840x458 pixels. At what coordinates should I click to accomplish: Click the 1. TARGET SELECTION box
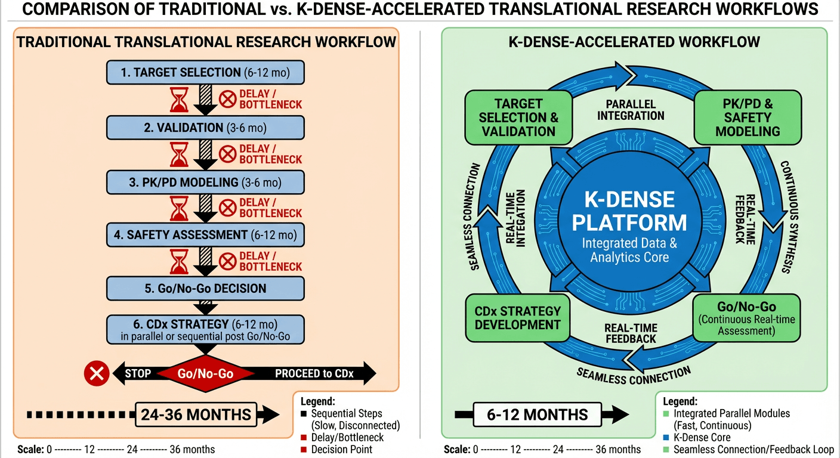(x=205, y=73)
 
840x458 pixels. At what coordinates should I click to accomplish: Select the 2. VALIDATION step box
(x=205, y=127)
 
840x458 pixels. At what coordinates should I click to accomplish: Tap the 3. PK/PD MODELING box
(x=205, y=182)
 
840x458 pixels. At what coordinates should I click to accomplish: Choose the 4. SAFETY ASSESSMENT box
(x=205, y=235)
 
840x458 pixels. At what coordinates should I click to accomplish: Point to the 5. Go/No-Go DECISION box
(x=205, y=289)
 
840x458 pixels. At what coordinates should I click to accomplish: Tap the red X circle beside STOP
(x=95, y=375)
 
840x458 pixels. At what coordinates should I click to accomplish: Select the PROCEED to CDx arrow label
(x=314, y=375)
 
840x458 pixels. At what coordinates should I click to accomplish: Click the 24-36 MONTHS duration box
(x=196, y=414)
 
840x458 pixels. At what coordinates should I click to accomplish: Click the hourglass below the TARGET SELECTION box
(x=179, y=100)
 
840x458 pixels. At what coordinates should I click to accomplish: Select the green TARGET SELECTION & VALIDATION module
(x=518, y=117)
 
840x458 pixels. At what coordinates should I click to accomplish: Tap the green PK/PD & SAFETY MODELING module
(x=748, y=117)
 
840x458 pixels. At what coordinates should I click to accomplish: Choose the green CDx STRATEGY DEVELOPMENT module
(x=518, y=318)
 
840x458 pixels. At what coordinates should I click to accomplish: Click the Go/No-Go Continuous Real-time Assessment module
(x=747, y=318)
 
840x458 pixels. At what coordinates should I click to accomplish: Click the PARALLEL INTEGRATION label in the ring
(x=630, y=109)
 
